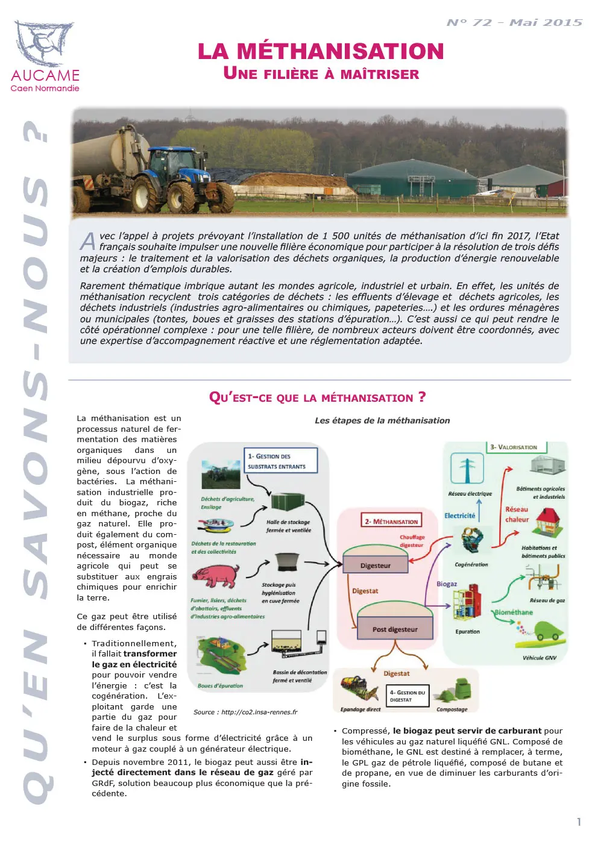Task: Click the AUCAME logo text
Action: pos(45,75)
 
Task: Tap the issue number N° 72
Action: pos(470,23)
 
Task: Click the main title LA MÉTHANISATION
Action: pos(321,52)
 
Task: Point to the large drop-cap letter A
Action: pos(88,241)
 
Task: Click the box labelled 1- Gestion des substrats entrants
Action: pos(280,461)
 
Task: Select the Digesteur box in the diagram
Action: pos(375,566)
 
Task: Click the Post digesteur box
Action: pos(395,629)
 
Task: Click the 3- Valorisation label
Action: pos(516,447)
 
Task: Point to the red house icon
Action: pos(547,522)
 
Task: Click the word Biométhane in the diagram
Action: pos(514,613)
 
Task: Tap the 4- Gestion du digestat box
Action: pos(408,696)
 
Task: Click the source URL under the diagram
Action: pos(245,712)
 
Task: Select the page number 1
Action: pos(579,822)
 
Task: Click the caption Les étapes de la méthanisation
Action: pos(382,420)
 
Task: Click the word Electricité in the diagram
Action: pos(459,516)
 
